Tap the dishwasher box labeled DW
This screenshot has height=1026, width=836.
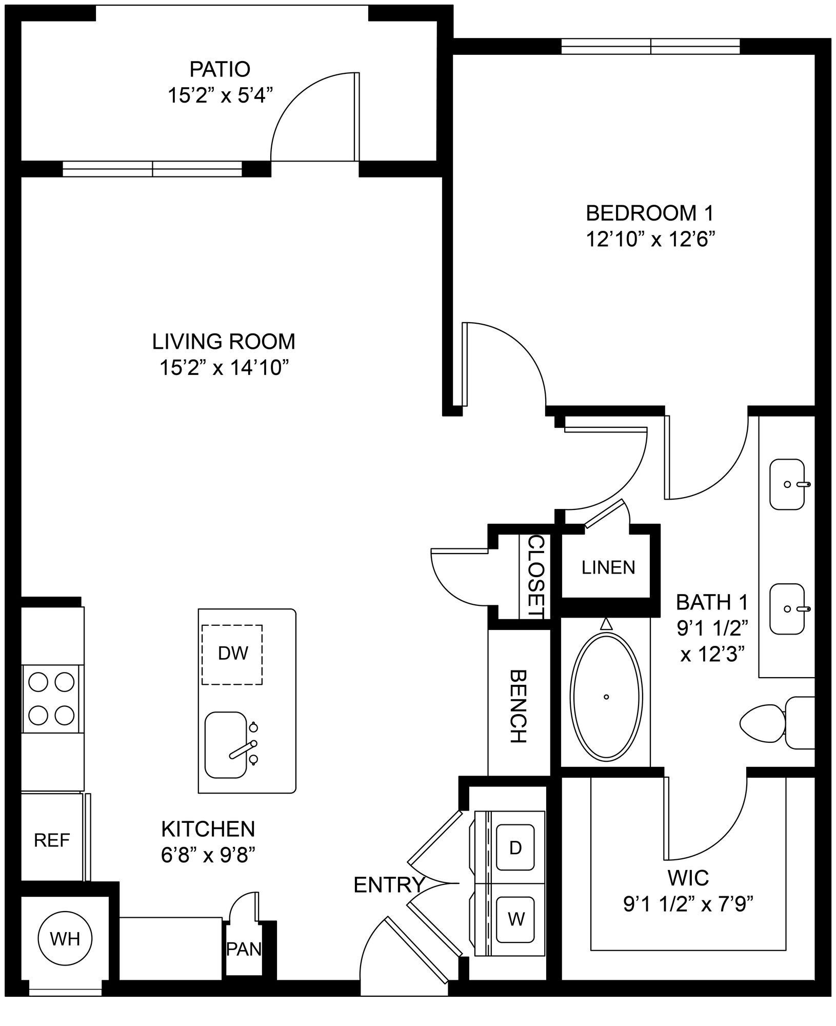[x=232, y=654]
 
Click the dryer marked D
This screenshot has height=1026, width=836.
[x=515, y=847]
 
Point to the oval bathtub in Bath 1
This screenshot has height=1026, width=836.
[x=606, y=698]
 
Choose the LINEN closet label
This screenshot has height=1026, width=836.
[x=608, y=567]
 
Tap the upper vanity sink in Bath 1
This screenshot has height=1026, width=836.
[x=787, y=484]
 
